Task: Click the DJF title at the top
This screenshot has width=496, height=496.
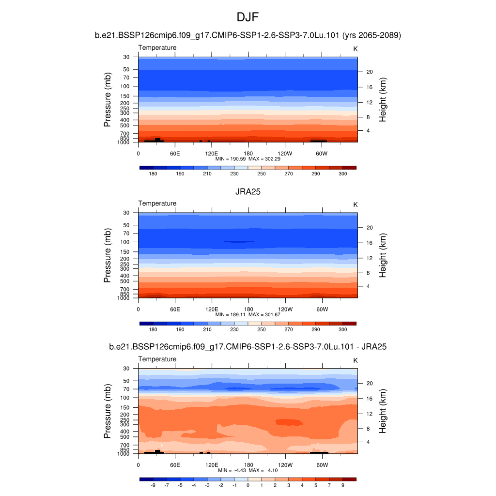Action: (x=248, y=17)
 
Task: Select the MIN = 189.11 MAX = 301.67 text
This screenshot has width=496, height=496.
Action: (x=248, y=314)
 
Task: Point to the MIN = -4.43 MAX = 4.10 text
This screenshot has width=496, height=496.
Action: (x=248, y=470)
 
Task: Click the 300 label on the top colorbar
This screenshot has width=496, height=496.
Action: (x=342, y=173)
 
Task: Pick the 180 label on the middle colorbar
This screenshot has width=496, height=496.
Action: (x=153, y=329)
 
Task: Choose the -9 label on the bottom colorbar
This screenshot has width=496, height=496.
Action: (x=153, y=485)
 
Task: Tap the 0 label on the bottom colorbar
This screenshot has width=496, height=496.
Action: (x=248, y=485)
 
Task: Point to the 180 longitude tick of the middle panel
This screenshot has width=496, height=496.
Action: (x=248, y=309)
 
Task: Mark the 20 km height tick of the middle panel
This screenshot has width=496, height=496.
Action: (x=369, y=228)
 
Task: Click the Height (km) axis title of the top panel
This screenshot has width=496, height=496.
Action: (x=383, y=100)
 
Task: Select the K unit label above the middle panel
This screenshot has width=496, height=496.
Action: (x=355, y=205)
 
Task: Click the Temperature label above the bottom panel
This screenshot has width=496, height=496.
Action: (x=157, y=359)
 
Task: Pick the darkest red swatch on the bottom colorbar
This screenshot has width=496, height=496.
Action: (x=349, y=479)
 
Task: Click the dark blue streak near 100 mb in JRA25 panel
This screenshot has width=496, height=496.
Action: (x=237, y=241)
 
